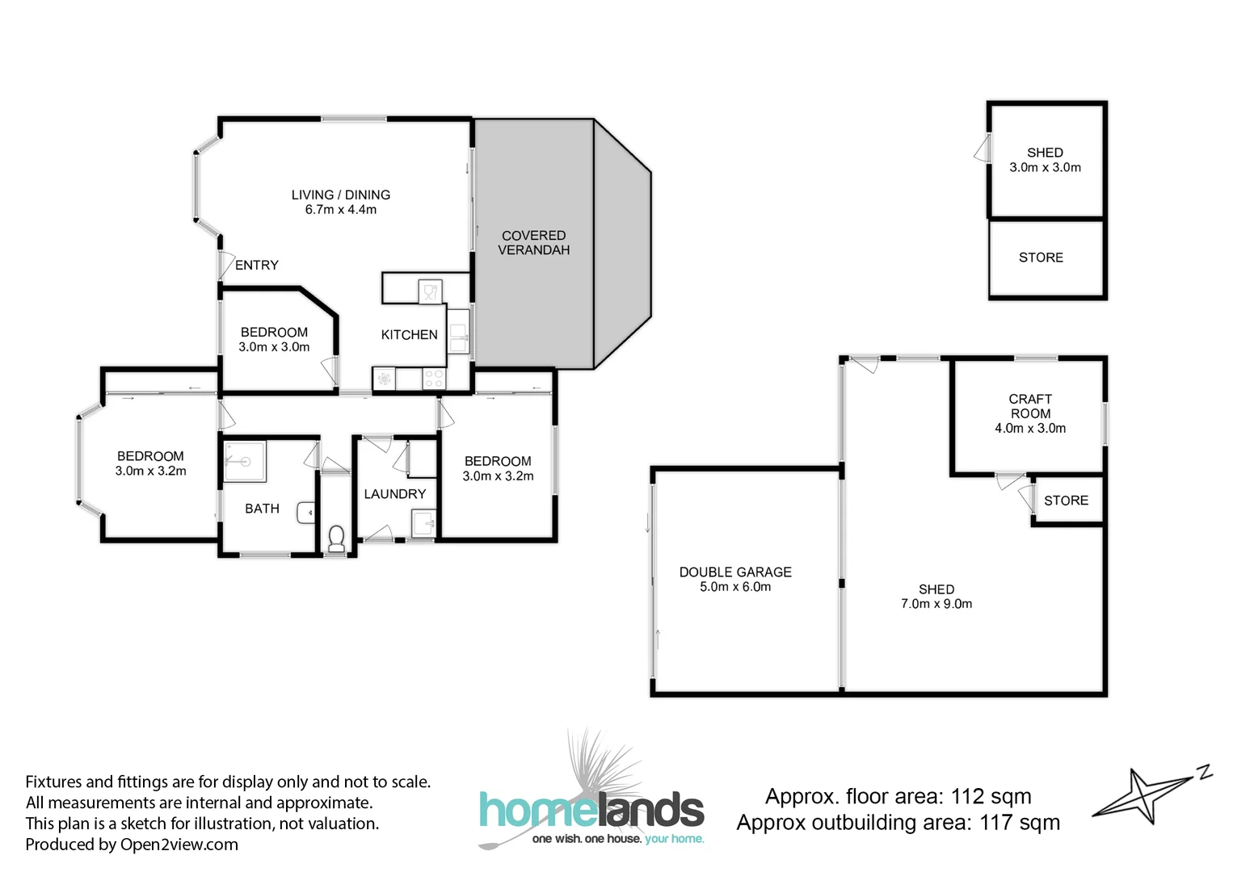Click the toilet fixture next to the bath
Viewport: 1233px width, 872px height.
pyautogui.click(x=336, y=538)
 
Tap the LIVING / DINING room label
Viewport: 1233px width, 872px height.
pyautogui.click(x=340, y=195)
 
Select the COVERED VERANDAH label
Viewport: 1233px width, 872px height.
pyautogui.click(x=533, y=242)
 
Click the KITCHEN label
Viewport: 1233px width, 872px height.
pyautogui.click(x=409, y=334)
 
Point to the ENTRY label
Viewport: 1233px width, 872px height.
pyautogui.click(x=256, y=265)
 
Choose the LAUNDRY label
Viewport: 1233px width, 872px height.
pyautogui.click(x=394, y=494)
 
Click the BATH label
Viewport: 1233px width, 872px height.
pyautogui.click(x=262, y=509)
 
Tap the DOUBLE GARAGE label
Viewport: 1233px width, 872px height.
pyautogui.click(x=735, y=572)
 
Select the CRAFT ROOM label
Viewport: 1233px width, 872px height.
pyautogui.click(x=1030, y=406)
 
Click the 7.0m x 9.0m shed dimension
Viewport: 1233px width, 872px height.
pyautogui.click(x=936, y=604)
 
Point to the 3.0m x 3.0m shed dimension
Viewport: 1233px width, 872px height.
pyautogui.click(x=1045, y=167)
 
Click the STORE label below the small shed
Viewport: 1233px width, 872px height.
pyautogui.click(x=1041, y=258)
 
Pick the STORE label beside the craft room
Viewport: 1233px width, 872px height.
pyautogui.click(x=1066, y=501)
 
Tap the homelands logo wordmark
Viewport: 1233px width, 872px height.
pyautogui.click(x=591, y=810)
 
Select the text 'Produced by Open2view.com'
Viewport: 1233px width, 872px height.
pyautogui.click(x=132, y=845)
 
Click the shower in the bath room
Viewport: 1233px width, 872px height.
pyautogui.click(x=244, y=461)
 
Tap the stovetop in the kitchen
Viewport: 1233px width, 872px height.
pyautogui.click(x=433, y=378)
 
